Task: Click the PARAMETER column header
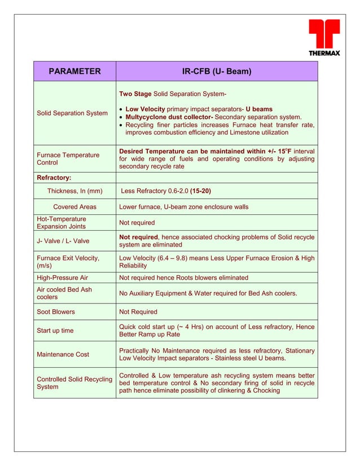click(x=74, y=71)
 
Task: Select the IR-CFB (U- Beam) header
click(x=217, y=71)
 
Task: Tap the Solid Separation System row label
click(x=72, y=113)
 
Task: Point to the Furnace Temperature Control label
click(x=68, y=159)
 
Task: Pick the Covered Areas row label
click(x=74, y=207)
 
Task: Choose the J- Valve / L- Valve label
click(x=63, y=241)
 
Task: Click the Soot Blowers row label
click(x=56, y=311)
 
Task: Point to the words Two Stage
click(x=135, y=93)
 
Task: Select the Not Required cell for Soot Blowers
click(x=138, y=311)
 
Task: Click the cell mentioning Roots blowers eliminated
click(x=183, y=278)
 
